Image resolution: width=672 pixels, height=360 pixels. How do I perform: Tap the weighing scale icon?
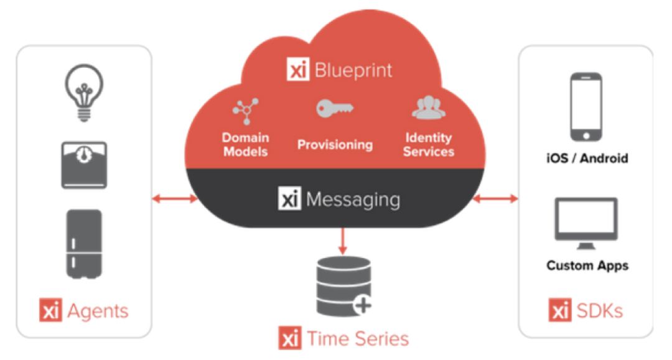coord(84,165)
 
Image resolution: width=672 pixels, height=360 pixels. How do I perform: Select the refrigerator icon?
coord(84,243)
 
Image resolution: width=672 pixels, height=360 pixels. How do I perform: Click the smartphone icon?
coord(586,107)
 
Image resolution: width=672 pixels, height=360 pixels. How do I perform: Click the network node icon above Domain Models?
coord(245,111)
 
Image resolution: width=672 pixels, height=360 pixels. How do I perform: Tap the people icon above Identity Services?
coord(429,109)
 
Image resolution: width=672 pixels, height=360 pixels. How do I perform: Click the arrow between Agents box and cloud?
coord(174,199)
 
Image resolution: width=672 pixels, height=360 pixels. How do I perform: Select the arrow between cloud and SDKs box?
coord(495,199)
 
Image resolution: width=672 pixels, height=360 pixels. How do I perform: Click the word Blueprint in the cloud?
coord(353,70)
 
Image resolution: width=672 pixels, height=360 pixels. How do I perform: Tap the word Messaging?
coord(352,200)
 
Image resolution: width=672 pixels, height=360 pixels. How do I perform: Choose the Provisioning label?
coord(335,145)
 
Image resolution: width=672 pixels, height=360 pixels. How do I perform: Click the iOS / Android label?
coord(587,158)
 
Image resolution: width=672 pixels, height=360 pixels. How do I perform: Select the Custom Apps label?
coord(587,265)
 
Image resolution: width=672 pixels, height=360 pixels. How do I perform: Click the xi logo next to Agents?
coord(51,310)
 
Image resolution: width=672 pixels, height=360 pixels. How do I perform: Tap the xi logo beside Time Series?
coord(290,338)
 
